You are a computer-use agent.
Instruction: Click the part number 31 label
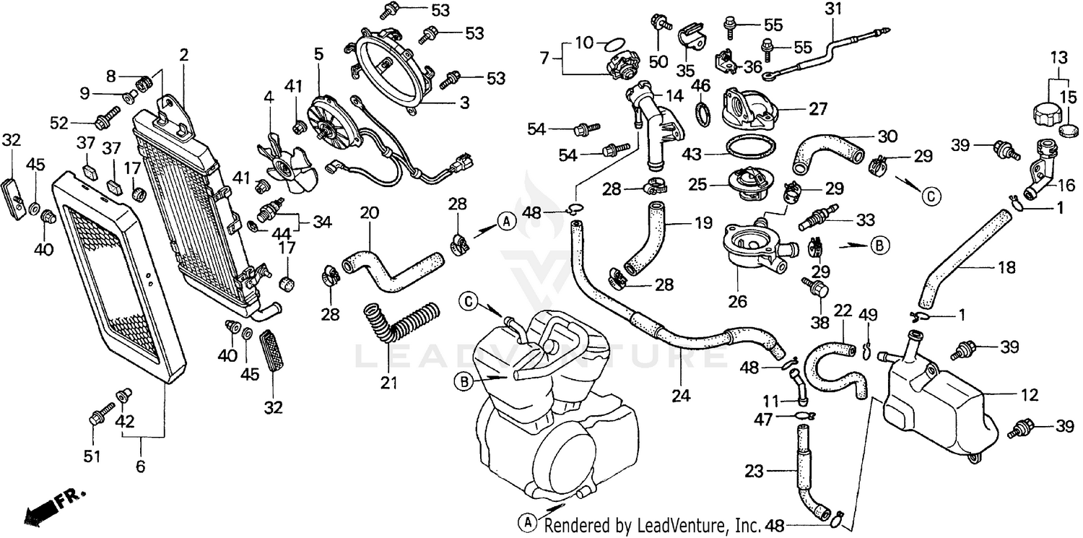(834, 9)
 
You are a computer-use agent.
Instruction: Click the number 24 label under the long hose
(682, 396)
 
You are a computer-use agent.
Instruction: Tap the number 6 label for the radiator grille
(140, 467)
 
